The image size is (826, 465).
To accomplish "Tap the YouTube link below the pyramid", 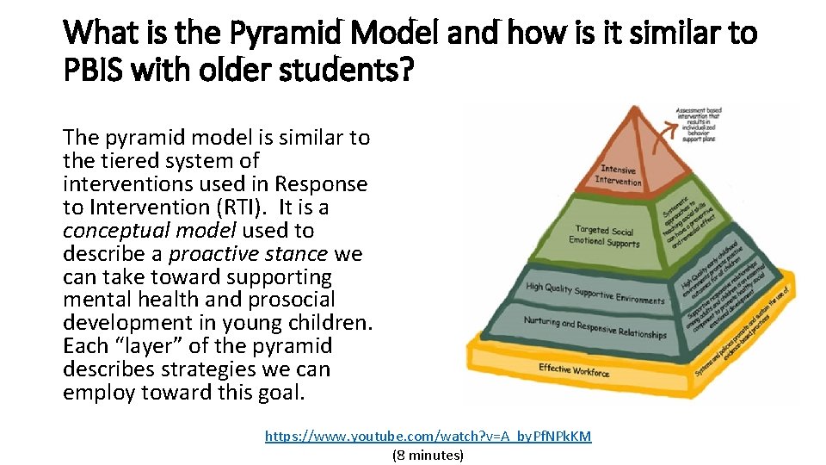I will [x=428, y=436].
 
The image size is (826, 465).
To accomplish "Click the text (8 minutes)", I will [x=428, y=455].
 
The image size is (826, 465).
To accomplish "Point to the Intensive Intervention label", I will [x=618, y=176].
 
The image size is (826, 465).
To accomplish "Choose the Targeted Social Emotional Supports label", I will [x=604, y=236].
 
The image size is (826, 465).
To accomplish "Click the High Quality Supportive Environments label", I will [x=595, y=293].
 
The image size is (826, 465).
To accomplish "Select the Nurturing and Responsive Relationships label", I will [x=595, y=327].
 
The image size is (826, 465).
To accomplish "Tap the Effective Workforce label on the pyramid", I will [x=574, y=370].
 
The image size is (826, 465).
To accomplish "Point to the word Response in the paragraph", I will [x=321, y=184].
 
